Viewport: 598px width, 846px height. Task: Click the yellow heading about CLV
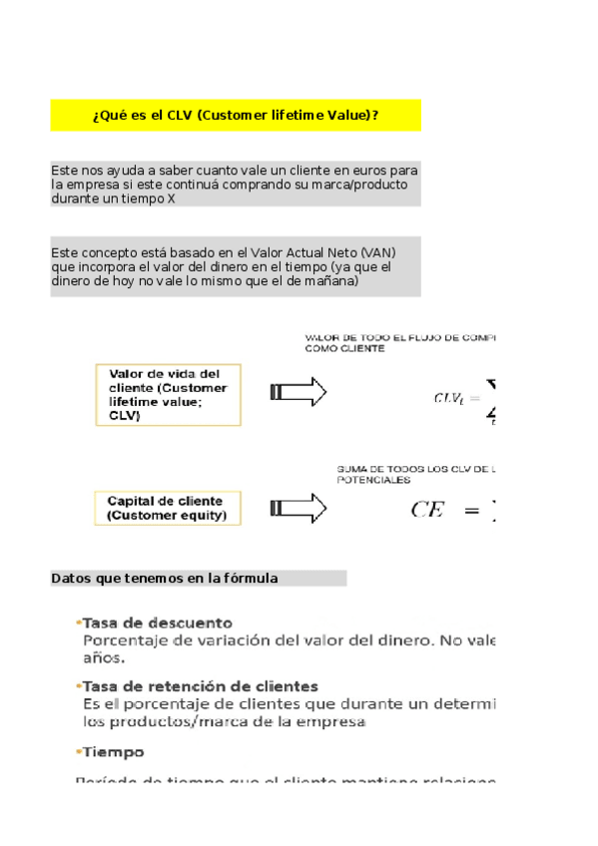coord(236,116)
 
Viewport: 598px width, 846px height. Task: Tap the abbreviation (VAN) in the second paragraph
coord(377,252)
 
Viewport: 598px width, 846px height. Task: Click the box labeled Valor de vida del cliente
coord(168,395)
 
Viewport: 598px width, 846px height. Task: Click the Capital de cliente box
coord(167,508)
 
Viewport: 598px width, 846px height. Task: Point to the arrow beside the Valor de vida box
coord(299,392)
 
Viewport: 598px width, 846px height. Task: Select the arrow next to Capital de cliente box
coord(299,507)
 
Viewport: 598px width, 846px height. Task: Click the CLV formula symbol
coord(448,398)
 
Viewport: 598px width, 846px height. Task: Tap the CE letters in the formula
coord(426,510)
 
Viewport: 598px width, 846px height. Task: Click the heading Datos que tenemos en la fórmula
coord(165,579)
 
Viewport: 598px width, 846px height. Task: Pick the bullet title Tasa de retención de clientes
coord(200,686)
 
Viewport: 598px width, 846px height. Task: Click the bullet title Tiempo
coord(113,752)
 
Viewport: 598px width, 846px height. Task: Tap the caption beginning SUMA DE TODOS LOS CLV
coord(416,468)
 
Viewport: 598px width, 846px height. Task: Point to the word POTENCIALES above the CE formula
coord(373,480)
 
